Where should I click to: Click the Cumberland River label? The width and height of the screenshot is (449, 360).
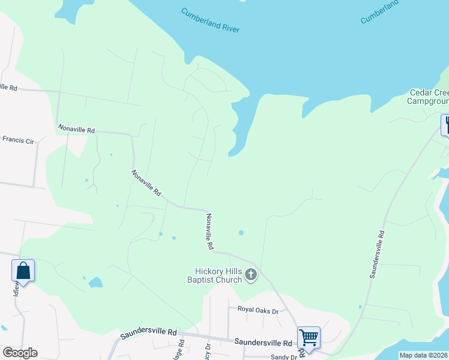[210, 20]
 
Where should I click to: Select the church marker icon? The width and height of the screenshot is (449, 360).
[251, 275]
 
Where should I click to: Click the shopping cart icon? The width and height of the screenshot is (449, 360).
[309, 337]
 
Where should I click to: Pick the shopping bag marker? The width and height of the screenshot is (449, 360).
[23, 270]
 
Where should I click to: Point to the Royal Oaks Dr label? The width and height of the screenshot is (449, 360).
[258, 310]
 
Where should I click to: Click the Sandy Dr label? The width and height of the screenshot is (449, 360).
[283, 357]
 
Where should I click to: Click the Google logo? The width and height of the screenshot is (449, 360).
[20, 353]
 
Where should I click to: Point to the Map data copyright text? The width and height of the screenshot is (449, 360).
[424, 355]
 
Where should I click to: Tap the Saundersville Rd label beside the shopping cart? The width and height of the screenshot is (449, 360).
[263, 343]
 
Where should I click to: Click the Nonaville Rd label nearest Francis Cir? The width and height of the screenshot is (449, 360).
[76, 129]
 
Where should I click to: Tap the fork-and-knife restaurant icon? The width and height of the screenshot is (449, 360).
[445, 124]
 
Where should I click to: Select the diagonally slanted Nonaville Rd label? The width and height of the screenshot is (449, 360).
[146, 184]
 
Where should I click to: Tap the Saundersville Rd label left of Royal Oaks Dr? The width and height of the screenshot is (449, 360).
[148, 332]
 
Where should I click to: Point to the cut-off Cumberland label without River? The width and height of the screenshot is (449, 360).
[379, 12]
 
